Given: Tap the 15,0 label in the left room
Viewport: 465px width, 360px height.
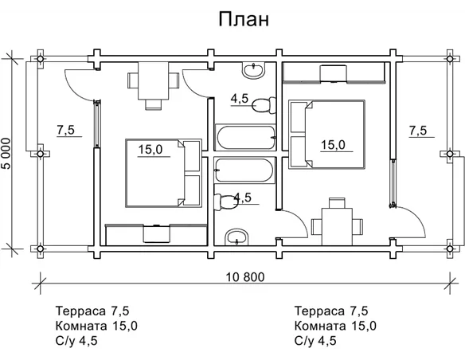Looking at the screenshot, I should [150, 149].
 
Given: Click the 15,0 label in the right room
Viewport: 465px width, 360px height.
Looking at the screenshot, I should [333, 144].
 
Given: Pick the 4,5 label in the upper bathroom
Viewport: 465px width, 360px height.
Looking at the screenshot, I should [240, 99].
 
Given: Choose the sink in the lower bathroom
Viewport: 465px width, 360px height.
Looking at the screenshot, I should [236, 237].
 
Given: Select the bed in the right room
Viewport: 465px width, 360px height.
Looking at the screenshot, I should [326, 133].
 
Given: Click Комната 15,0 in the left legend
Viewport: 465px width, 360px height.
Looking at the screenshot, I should [96, 326].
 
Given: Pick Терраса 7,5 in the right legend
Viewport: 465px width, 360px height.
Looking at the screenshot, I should [334, 311].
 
